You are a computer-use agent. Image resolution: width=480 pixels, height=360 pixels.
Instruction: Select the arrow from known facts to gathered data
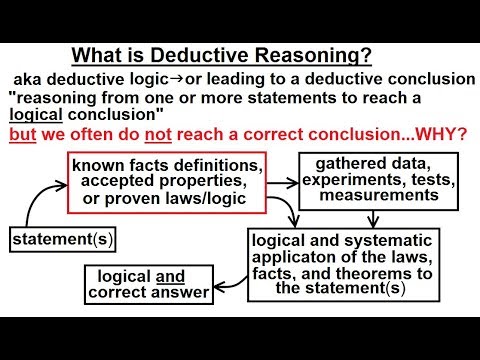284,183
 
